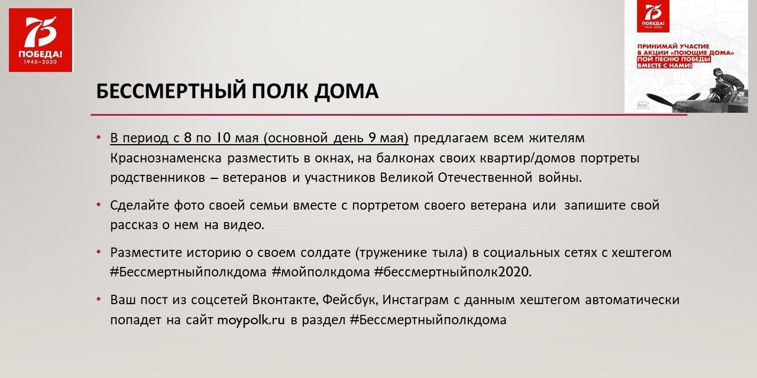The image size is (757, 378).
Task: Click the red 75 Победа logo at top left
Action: click(41, 40)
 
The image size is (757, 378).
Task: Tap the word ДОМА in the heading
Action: click(347, 92)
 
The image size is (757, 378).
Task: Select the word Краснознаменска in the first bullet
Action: click(166, 158)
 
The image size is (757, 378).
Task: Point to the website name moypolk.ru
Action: click(251, 320)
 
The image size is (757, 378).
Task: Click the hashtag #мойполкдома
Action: click(321, 272)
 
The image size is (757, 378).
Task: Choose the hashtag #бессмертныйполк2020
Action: click(453, 272)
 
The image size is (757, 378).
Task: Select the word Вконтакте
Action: click(286, 299)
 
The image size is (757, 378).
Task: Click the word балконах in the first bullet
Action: click(405, 158)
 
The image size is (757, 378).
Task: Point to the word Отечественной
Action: click(486, 178)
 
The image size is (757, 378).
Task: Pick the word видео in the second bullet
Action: click(244, 225)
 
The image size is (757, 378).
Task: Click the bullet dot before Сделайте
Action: click(99, 204)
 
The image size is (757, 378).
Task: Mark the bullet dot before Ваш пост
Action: click(99, 299)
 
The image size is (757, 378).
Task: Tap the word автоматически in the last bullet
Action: click(632, 299)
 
